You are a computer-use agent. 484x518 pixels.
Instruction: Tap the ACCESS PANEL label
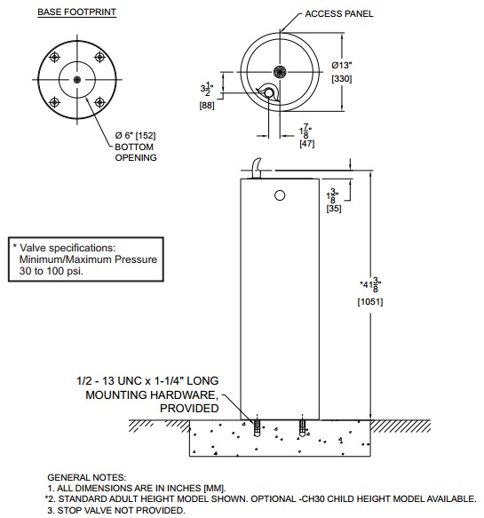340,14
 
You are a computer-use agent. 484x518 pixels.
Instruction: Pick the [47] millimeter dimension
306,143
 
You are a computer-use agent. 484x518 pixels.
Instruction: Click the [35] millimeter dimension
334,210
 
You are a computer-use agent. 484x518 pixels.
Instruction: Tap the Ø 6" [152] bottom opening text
140,133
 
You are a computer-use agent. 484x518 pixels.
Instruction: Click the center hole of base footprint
77,79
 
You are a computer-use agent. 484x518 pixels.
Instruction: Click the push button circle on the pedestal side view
280,195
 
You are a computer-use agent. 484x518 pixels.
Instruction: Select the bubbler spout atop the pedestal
258,165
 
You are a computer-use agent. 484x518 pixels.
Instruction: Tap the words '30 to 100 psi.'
52,271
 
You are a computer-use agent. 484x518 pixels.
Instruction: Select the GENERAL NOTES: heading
86,477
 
